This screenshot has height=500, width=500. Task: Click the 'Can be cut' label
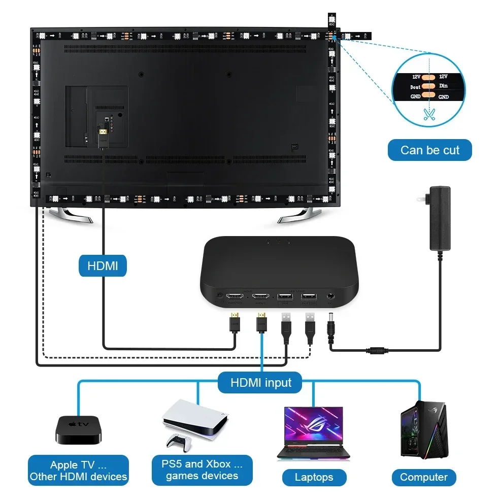(x=429, y=150)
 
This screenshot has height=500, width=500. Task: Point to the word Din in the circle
(x=443, y=86)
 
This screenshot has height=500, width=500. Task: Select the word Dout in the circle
(x=415, y=87)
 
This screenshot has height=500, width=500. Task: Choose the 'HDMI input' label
(x=261, y=382)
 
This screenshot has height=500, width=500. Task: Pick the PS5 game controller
(x=178, y=442)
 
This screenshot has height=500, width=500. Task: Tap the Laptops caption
(x=314, y=477)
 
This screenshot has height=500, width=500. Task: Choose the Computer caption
(x=423, y=477)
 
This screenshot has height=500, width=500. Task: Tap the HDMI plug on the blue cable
(x=262, y=322)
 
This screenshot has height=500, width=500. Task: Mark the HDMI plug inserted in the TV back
(x=104, y=134)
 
